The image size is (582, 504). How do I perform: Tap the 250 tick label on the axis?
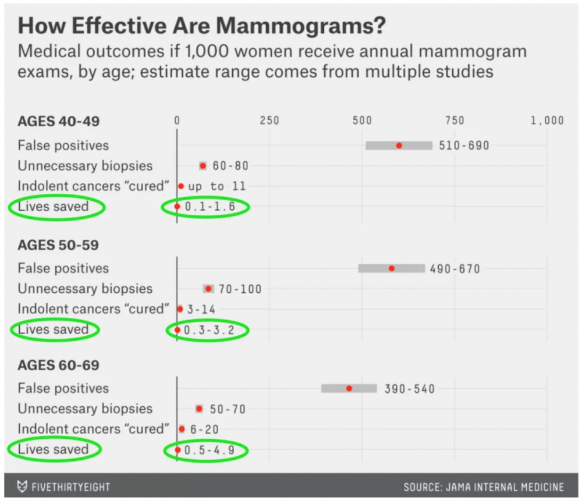point(269,120)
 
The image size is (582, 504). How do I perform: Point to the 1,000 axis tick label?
point(546,120)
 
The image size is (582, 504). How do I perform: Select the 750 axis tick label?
point(455,120)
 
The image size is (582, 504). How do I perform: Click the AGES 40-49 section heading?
point(59,121)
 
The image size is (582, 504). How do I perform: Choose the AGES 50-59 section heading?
point(58,245)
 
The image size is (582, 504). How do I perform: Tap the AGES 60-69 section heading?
point(58,365)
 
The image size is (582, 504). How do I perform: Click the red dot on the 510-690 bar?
point(399,145)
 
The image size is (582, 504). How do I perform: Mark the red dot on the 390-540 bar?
point(349,388)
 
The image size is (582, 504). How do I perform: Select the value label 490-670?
point(455,269)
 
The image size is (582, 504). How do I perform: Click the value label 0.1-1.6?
point(211,207)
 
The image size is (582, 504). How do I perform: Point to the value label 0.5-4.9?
point(211,450)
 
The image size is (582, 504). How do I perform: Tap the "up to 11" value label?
point(217,186)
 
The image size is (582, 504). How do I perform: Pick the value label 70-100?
point(240,289)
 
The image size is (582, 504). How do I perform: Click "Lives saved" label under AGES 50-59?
point(53,329)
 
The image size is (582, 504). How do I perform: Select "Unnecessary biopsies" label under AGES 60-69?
point(85,409)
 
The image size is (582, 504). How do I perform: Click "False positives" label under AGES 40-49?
point(63,145)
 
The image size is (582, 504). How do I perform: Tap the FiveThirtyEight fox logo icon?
point(22,487)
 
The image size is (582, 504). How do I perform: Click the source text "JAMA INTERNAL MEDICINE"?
point(505,487)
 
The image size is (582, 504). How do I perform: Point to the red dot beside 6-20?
point(181,429)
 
